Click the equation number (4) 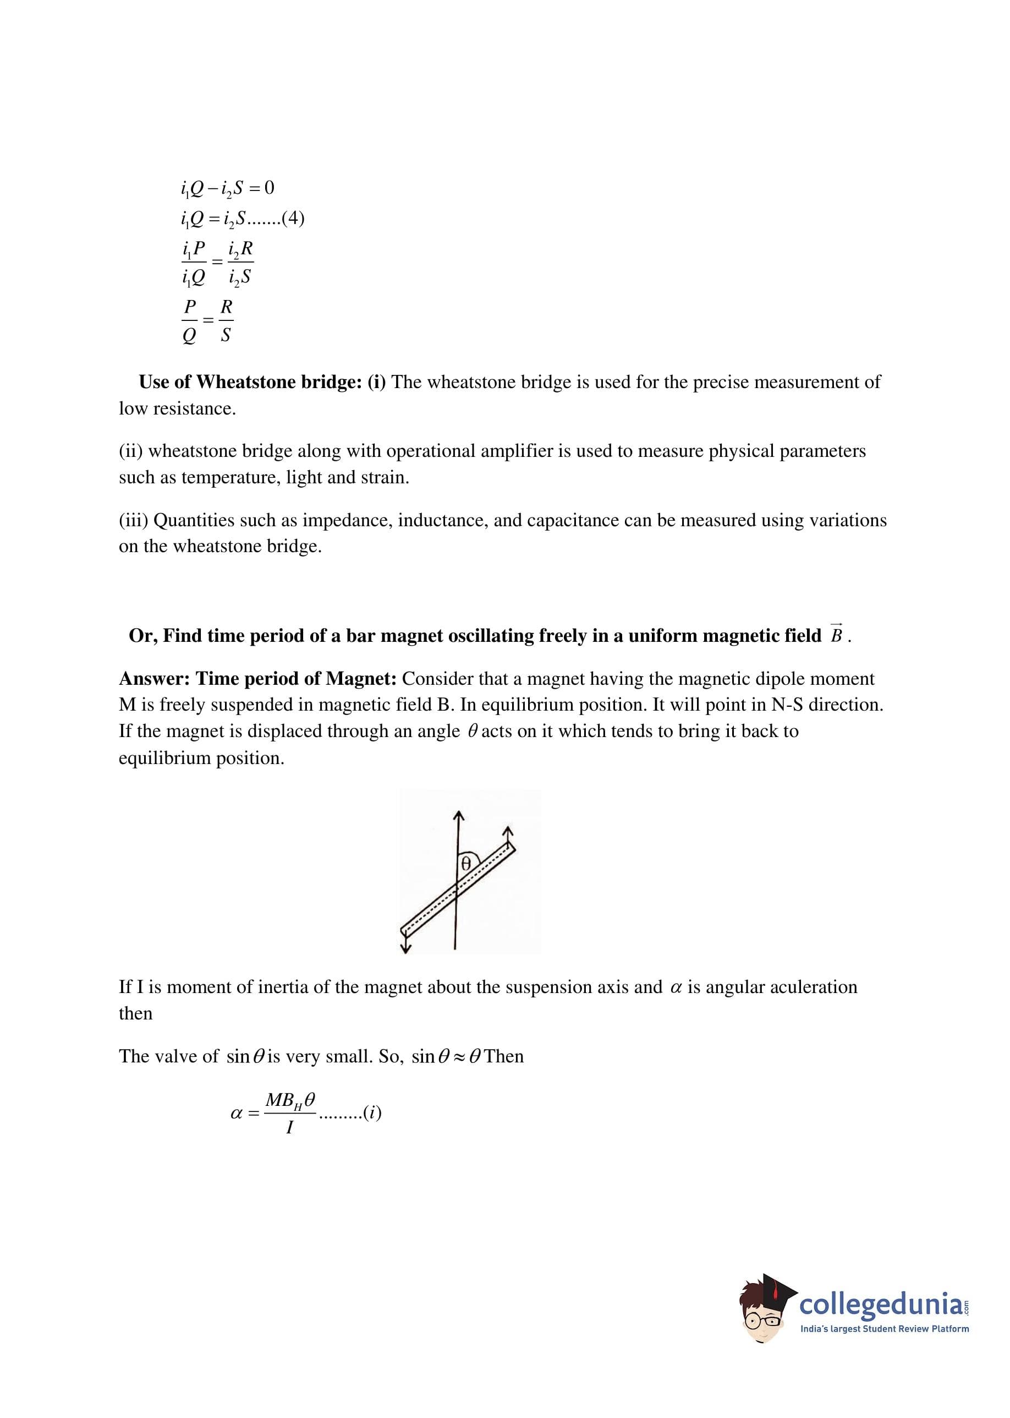tap(293, 219)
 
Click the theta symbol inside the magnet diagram tap(465, 864)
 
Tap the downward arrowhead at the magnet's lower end tap(405, 947)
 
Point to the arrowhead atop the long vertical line tap(458, 816)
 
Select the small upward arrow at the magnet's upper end tap(508, 831)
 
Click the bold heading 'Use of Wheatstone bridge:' tap(250, 382)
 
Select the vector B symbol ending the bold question tap(837, 635)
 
